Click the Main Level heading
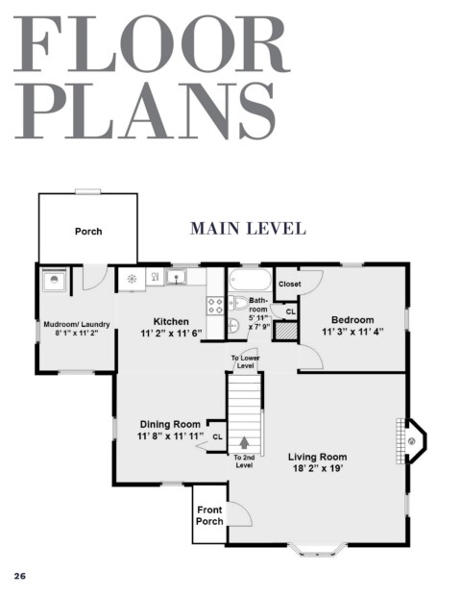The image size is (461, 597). pyautogui.click(x=248, y=229)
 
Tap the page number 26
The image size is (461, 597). pyautogui.click(x=20, y=576)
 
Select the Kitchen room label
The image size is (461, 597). pyautogui.click(x=171, y=321)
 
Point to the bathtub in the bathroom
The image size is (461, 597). pyautogui.click(x=250, y=280)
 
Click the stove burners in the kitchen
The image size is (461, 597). pyautogui.click(x=215, y=306)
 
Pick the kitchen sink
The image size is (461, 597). pyautogui.click(x=177, y=277)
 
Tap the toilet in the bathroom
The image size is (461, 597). pyautogui.click(x=238, y=303)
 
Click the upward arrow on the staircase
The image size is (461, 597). pyautogui.click(x=244, y=442)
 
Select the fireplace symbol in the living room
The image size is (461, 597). pyautogui.click(x=412, y=441)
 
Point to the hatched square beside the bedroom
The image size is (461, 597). pyautogui.click(x=286, y=331)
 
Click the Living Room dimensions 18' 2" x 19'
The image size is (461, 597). pyautogui.click(x=318, y=468)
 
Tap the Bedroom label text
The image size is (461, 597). pyautogui.click(x=352, y=320)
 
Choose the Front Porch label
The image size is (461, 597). pyautogui.click(x=209, y=515)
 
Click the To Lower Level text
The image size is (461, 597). pyautogui.click(x=245, y=361)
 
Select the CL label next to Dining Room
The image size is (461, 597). pyautogui.click(x=218, y=436)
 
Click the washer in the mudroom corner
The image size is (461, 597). pyautogui.click(x=54, y=280)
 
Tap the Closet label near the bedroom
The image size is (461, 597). pyautogui.click(x=289, y=284)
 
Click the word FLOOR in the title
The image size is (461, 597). pyautogui.click(x=152, y=43)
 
